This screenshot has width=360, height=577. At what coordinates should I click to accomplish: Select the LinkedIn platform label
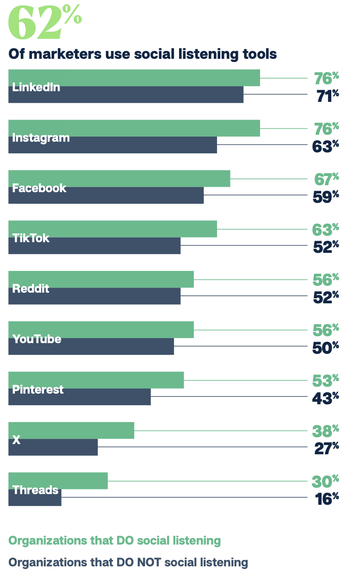[x=36, y=87]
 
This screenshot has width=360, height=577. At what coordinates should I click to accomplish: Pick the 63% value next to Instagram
[x=326, y=146]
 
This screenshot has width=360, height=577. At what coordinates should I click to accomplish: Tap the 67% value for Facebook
[x=326, y=178]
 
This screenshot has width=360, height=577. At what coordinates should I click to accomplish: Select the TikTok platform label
[x=31, y=238]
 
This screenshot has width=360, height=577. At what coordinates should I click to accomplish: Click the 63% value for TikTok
[x=326, y=229]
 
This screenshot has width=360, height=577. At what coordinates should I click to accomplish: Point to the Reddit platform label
[x=31, y=289]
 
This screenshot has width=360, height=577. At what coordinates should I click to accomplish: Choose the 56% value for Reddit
[x=326, y=279]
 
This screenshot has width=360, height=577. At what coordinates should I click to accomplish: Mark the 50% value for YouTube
[x=326, y=347]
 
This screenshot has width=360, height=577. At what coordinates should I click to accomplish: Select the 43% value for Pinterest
[x=326, y=398]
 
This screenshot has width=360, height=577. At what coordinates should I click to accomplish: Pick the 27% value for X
[x=326, y=448]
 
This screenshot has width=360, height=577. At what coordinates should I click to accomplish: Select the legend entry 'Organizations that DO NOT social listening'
[x=128, y=563]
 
